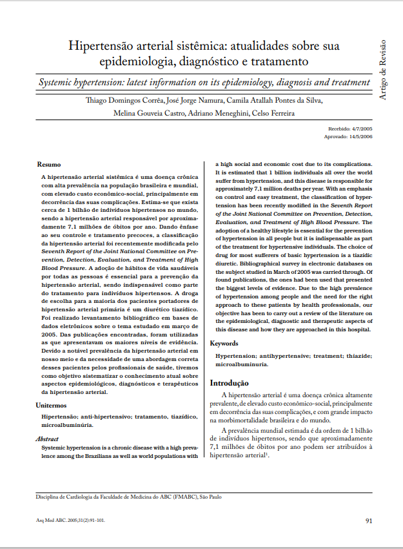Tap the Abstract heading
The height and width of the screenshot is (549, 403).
[46, 439]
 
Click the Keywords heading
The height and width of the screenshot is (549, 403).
[224, 344]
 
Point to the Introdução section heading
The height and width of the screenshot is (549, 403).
[230, 383]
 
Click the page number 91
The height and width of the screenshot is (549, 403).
[369, 521]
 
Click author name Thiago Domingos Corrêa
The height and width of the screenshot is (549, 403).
[124, 101]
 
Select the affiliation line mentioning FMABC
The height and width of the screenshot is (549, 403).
[128, 497]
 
